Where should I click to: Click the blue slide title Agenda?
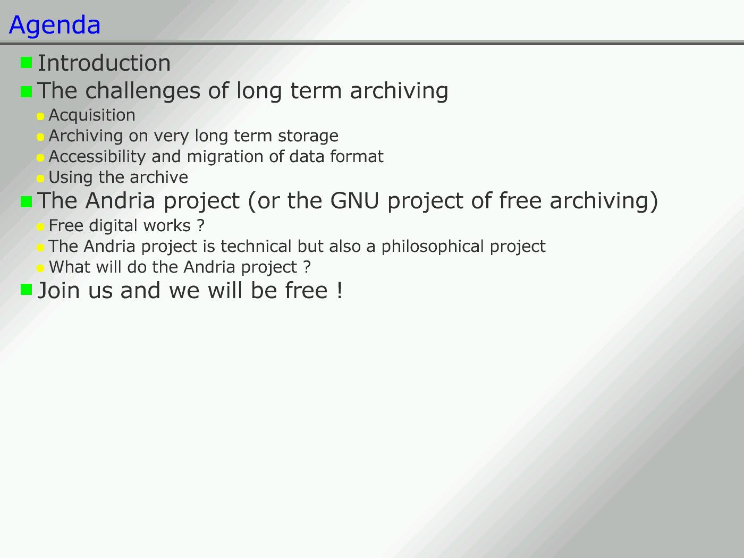pos(55,26)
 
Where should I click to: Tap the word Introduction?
pos(104,63)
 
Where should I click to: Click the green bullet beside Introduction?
pos(26,62)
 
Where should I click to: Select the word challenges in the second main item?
pos(143,91)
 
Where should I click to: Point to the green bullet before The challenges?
pos(26,91)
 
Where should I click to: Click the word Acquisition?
pos(92,115)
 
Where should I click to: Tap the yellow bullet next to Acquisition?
pos(40,116)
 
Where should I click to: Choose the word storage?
pos(308,136)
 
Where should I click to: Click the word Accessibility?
pos(97,157)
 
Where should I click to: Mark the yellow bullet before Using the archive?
pos(40,179)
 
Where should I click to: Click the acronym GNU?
pos(354,200)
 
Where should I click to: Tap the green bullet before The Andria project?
pos(26,201)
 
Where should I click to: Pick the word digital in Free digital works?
pos(112,226)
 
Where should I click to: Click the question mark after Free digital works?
pos(201,225)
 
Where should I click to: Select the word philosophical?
pos(433,247)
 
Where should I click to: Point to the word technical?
pos(256,246)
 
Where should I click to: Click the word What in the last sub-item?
pos(70,267)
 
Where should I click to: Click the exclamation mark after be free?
pos(340,290)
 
